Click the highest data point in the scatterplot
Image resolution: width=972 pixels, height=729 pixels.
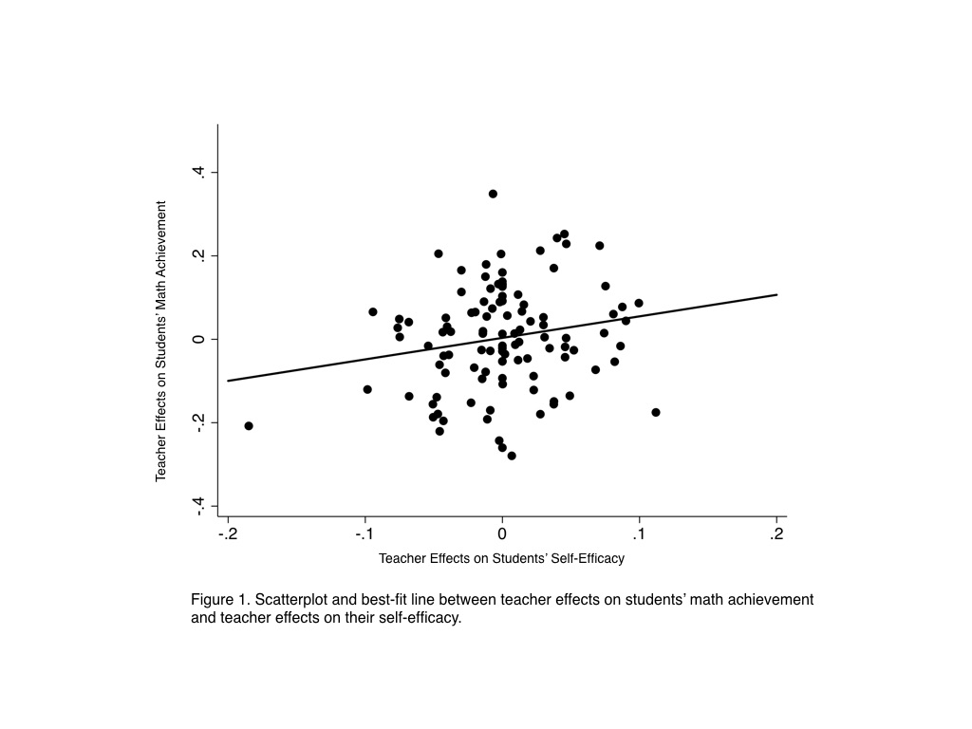(493, 194)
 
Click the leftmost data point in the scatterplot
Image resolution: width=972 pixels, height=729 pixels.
(249, 426)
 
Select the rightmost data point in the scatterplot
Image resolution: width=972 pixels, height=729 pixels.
(656, 412)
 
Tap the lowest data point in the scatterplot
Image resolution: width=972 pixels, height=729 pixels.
(512, 456)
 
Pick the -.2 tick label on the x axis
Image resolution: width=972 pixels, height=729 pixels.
(227, 534)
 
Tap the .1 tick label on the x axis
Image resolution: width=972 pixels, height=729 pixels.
(639, 534)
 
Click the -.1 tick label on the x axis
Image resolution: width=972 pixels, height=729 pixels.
(364, 534)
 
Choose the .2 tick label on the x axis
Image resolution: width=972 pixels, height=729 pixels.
(776, 534)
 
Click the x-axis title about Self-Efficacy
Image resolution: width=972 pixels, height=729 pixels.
(501, 558)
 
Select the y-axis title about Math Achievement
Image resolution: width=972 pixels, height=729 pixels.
(161, 340)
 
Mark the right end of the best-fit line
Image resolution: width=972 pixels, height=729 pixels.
(777, 294)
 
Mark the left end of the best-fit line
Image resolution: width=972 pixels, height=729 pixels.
(228, 381)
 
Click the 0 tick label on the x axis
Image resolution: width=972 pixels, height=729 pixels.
(502, 534)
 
